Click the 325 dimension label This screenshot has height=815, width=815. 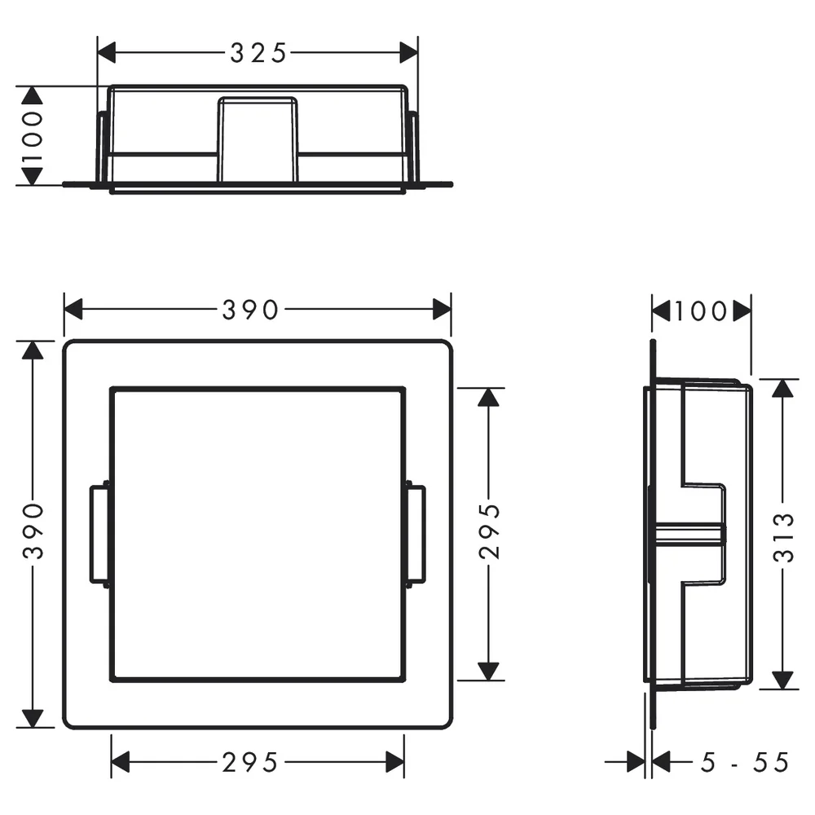click(258, 53)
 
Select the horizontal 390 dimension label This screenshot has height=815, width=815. click(250, 310)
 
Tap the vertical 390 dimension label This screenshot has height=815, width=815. click(33, 531)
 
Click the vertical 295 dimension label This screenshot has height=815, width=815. click(489, 531)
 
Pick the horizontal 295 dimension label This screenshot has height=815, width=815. click(250, 763)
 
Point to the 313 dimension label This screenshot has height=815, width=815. click(783, 537)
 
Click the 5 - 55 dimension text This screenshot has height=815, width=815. click(745, 763)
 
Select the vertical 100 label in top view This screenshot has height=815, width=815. click(33, 136)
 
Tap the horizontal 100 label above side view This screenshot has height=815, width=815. click(701, 311)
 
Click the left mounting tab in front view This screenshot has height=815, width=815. click(99, 535)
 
